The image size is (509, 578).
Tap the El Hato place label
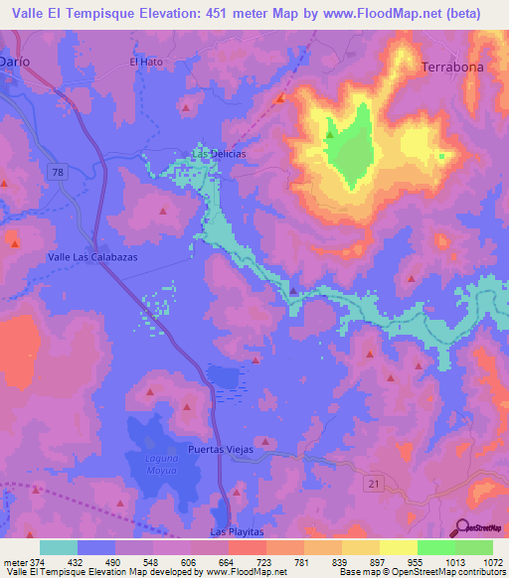click(x=145, y=61)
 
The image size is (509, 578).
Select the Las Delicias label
click(x=219, y=154)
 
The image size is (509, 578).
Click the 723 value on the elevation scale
click(x=265, y=561)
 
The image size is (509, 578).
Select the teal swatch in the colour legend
click(x=59, y=547)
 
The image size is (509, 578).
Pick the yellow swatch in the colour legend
click(x=398, y=547)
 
